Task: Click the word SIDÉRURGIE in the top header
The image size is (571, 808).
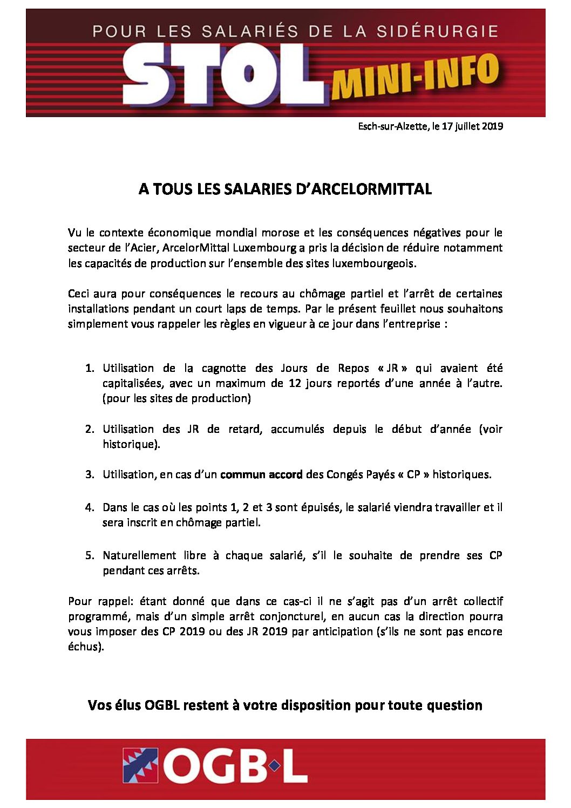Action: (437, 31)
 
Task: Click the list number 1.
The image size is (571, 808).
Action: (90, 368)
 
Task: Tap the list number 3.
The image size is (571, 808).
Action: (90, 474)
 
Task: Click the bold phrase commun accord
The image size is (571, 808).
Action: (261, 474)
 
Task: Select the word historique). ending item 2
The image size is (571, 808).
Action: (131, 444)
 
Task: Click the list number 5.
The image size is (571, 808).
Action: (90, 555)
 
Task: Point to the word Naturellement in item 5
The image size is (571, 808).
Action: (139, 555)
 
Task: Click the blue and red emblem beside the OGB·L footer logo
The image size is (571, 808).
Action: (140, 765)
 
